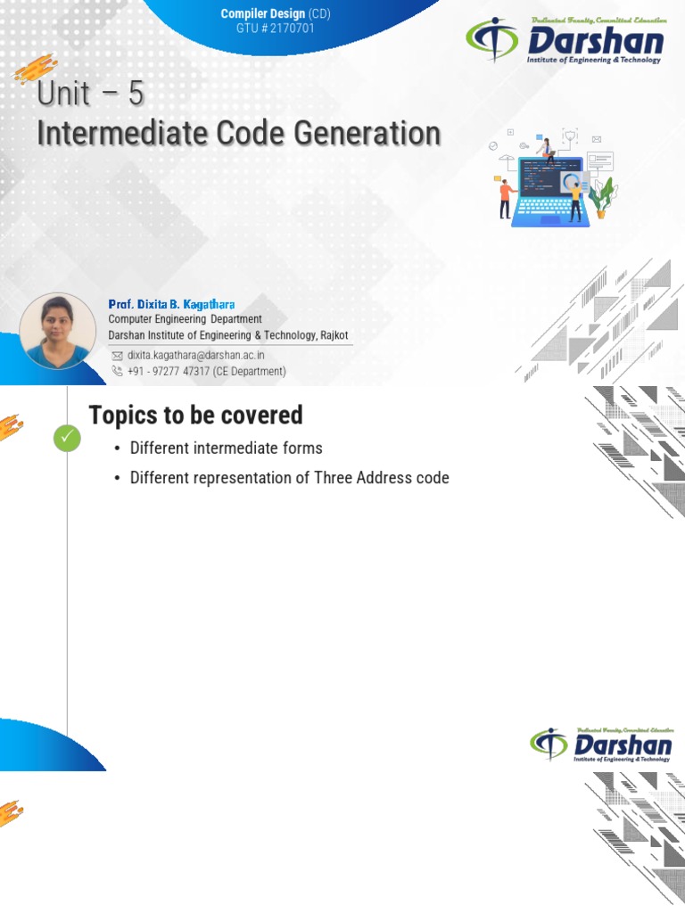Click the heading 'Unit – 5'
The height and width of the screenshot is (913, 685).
90,94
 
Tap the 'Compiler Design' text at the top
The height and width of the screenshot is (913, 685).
262,14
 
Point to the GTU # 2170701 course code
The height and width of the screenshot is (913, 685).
276,29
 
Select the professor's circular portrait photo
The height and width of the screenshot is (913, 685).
58,331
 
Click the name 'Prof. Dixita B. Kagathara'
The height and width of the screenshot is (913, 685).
171,304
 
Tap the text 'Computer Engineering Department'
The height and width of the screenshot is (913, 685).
185,319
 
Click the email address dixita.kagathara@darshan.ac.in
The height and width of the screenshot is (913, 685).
195,355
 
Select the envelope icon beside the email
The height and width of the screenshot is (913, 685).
117,355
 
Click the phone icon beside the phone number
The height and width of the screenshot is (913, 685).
117,371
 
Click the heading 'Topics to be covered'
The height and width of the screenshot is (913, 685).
195,415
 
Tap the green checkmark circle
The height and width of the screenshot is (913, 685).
67,438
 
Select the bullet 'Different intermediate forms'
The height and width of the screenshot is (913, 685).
226,448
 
